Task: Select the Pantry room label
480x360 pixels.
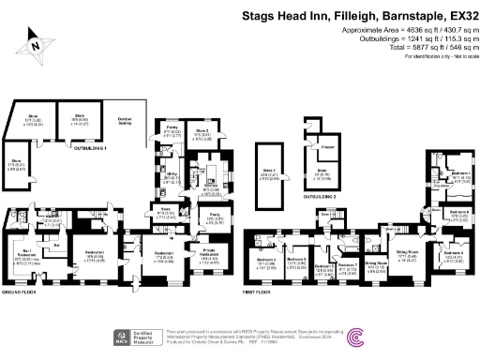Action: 171,125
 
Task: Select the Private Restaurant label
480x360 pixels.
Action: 202,250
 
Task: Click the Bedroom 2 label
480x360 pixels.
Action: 266,260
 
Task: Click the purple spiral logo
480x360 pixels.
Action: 357,337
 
